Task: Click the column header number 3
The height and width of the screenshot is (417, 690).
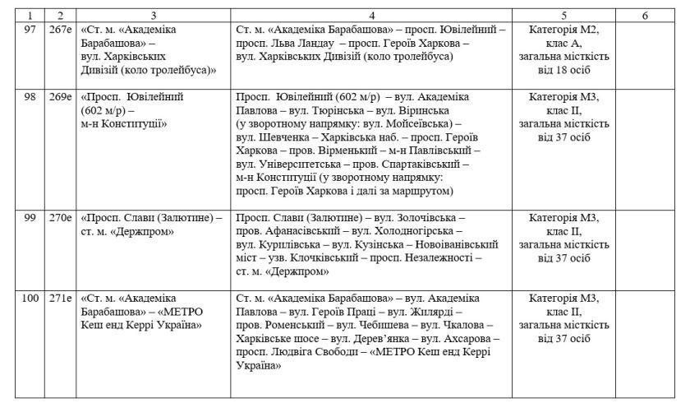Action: [x=153, y=16]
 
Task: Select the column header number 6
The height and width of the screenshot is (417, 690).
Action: [x=645, y=16]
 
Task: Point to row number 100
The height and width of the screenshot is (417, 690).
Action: [x=30, y=299]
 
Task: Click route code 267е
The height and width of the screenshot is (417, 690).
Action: [x=60, y=30]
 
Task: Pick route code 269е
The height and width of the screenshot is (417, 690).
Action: [x=60, y=97]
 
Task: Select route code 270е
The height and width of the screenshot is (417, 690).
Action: [x=60, y=218]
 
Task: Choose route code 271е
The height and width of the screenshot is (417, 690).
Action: [x=60, y=299]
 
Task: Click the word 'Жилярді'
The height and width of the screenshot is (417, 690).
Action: [x=431, y=312]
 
